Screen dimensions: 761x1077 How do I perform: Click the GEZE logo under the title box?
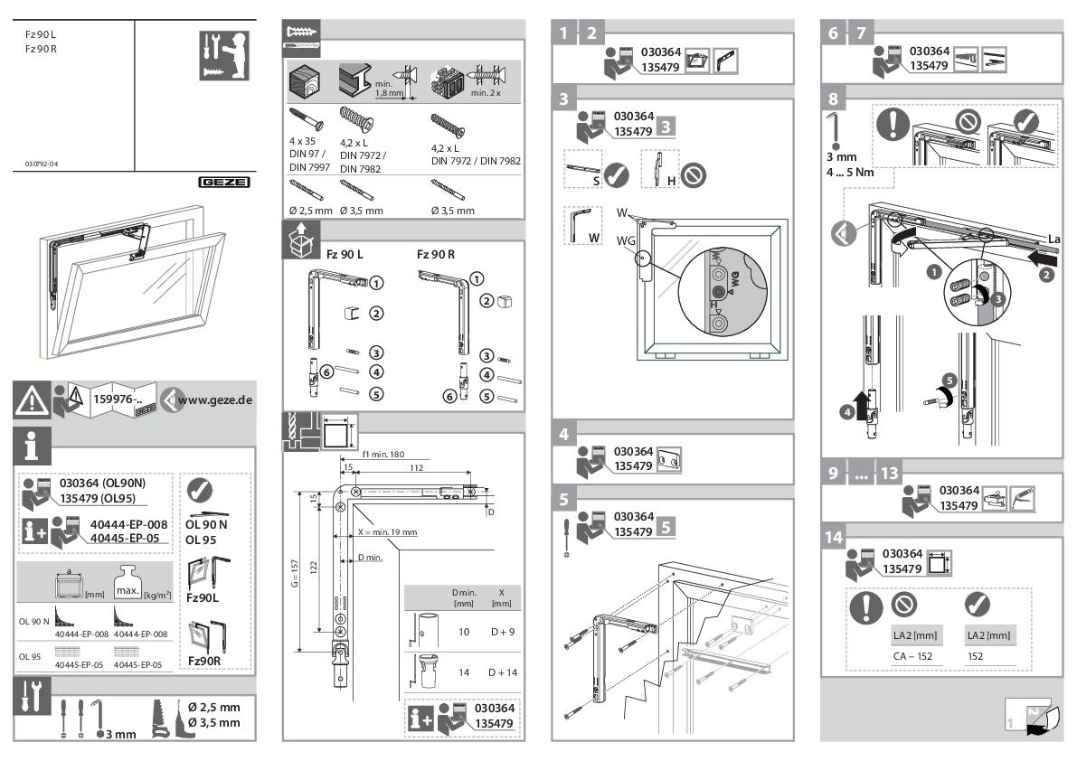click(x=224, y=181)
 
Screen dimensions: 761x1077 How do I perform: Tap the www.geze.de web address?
click(x=215, y=399)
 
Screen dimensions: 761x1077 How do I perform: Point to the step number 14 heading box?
click(x=833, y=537)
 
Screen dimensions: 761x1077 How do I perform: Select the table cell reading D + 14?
click(x=502, y=672)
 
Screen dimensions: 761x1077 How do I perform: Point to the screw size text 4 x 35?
click(x=302, y=141)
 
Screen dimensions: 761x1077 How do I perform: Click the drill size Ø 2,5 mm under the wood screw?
click(x=309, y=211)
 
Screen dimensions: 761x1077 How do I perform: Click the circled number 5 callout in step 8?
click(x=949, y=380)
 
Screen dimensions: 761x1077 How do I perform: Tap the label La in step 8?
click(x=1053, y=239)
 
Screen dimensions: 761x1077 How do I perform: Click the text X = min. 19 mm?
click(x=387, y=532)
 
